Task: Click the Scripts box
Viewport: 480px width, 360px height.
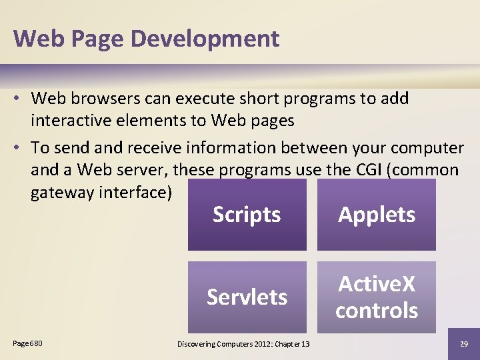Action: tap(247, 215)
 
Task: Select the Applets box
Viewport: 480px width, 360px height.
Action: tap(377, 215)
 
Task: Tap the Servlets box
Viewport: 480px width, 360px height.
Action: tap(247, 297)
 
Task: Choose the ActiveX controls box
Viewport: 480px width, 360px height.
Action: tap(377, 297)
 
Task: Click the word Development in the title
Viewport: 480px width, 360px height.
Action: tap(205, 38)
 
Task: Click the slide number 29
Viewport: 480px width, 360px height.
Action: tap(463, 343)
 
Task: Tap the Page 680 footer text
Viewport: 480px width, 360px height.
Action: tap(27, 343)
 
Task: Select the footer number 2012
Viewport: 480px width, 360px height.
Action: tap(265, 344)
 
